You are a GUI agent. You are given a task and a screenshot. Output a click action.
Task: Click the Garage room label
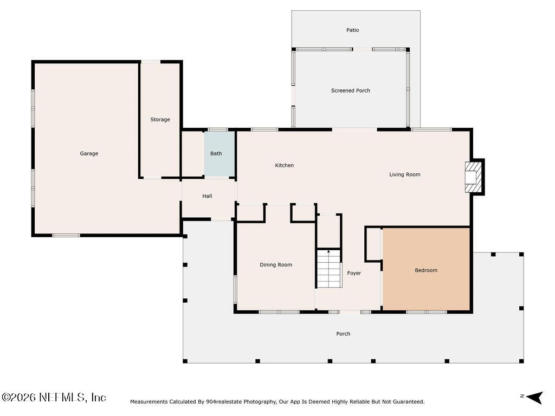pos(89,153)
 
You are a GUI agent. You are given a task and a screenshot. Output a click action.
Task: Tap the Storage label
pos(160,120)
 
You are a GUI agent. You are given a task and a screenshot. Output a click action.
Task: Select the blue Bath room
pos(220,154)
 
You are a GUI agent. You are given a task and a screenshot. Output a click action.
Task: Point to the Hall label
pos(207,196)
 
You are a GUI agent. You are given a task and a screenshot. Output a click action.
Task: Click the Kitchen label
pos(284,165)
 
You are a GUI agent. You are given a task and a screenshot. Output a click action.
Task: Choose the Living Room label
pos(404,174)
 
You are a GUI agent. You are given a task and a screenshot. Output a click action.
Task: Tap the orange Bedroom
pos(426,269)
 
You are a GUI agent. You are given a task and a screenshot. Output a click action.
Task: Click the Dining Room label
pos(276,264)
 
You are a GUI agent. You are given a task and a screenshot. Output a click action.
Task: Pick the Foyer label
pos(354,273)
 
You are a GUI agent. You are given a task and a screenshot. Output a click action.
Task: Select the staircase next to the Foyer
pos(329,269)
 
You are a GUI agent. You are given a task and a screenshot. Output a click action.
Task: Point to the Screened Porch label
pos(351,90)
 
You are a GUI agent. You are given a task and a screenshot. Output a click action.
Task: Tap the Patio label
pos(352,30)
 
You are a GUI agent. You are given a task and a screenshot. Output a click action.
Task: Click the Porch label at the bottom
pos(343,334)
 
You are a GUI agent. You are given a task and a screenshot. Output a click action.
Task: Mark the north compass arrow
pos(534,398)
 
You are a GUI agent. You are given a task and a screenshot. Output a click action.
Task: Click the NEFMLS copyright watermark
pos(54,397)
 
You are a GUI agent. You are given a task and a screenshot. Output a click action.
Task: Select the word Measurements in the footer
pos(149,401)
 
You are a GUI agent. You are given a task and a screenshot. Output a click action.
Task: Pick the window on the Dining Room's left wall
pos(235,289)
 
